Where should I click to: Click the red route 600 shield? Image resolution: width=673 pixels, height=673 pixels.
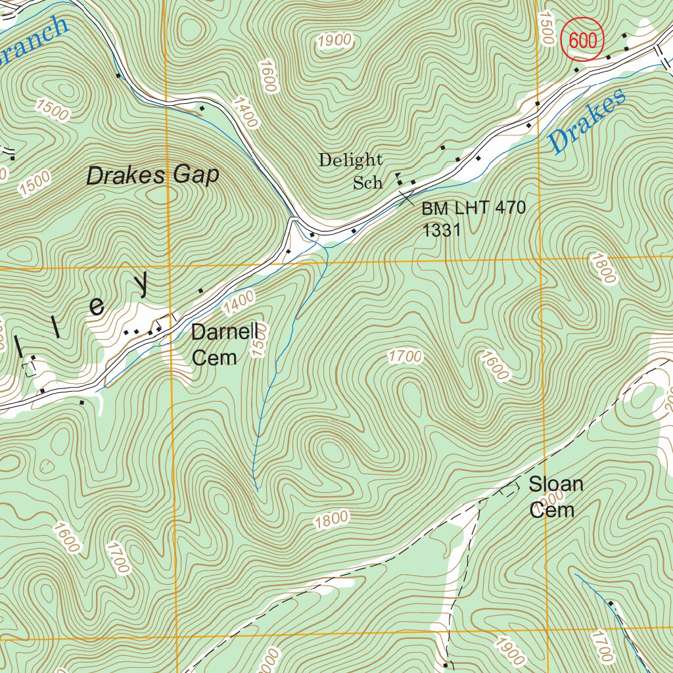click(582, 41)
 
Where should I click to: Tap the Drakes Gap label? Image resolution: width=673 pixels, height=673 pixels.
click(152, 175)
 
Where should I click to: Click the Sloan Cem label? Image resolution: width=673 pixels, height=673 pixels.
click(555, 497)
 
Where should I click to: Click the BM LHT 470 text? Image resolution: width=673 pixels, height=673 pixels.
click(474, 209)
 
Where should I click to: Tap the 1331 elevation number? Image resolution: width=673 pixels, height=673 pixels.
click(441, 230)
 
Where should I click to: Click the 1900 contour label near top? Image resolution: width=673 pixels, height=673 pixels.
click(334, 41)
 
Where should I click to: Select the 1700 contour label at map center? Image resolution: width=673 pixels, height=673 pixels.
click(404, 357)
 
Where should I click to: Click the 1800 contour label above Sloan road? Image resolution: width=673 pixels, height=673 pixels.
click(331, 521)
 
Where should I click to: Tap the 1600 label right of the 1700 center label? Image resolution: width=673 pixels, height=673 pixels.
click(495, 365)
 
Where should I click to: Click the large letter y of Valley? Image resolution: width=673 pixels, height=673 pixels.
click(143, 283)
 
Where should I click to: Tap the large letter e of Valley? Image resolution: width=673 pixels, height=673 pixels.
click(97, 306)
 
